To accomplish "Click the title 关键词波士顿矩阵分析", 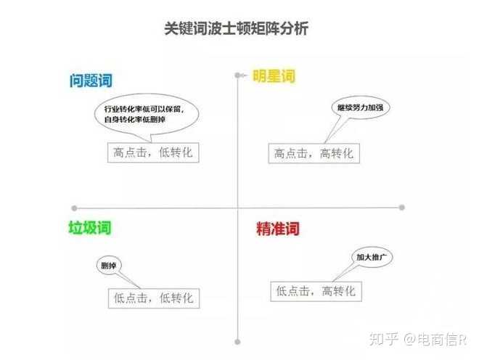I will click(x=237, y=30).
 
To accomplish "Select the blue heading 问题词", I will click(x=91, y=81).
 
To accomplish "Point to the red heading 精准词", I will click(x=277, y=229).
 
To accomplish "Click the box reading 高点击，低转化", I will click(x=152, y=152).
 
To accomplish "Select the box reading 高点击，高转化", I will click(x=314, y=153).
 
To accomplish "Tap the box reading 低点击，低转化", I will click(x=153, y=298).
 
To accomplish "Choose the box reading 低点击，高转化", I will click(x=315, y=291).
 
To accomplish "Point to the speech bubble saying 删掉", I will click(x=108, y=265).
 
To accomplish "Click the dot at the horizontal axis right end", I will click(x=401, y=207).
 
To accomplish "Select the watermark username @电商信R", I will click(x=436, y=339).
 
